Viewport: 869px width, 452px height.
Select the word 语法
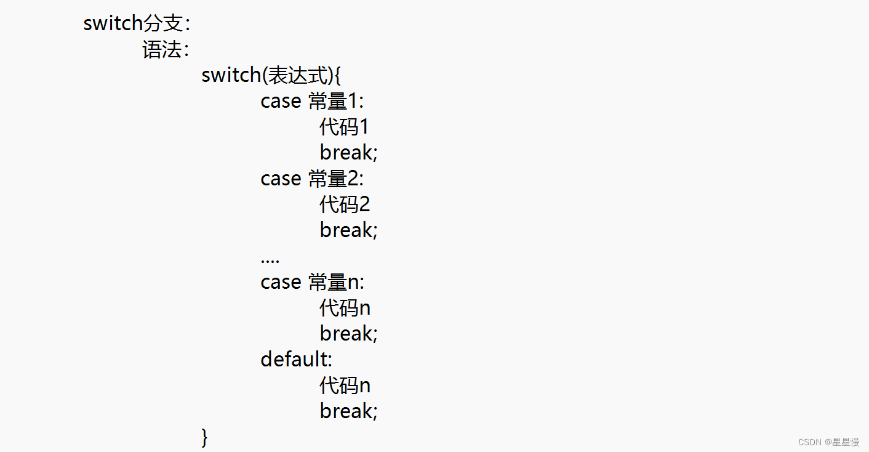(162, 49)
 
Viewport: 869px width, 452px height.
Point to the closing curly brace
(205, 437)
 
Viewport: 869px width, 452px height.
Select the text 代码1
(344, 127)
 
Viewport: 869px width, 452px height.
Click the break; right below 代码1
(348, 152)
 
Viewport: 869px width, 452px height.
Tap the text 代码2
(345, 204)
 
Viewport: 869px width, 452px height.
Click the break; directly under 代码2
(348, 230)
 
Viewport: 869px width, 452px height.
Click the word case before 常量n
(281, 282)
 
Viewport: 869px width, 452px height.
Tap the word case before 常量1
(281, 101)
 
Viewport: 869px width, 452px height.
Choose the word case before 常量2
(281, 179)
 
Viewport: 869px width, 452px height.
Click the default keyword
(295, 359)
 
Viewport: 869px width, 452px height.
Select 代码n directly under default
(345, 385)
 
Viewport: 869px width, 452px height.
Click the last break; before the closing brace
(348, 411)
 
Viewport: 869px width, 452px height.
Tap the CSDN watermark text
(828, 442)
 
